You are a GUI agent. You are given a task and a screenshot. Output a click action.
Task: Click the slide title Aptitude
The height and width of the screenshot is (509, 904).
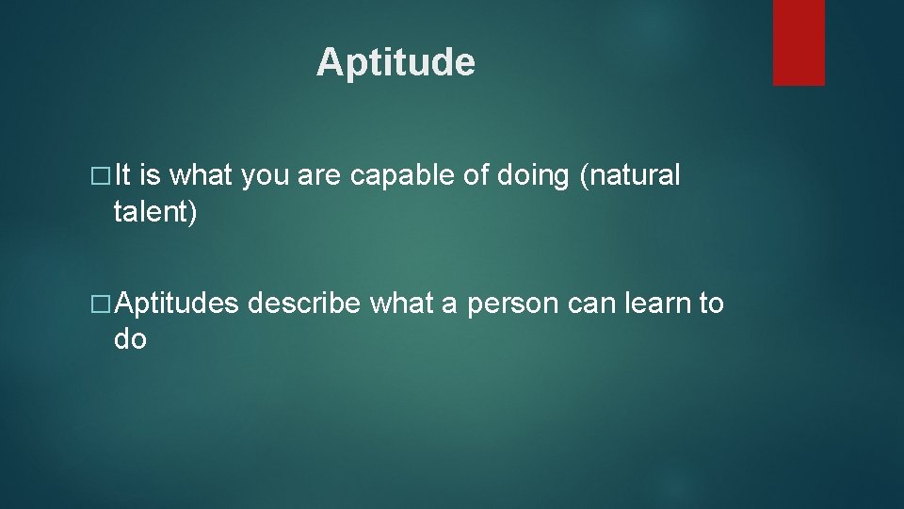[395, 63]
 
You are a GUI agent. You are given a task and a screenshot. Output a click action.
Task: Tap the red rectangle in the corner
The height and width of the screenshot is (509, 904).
[799, 42]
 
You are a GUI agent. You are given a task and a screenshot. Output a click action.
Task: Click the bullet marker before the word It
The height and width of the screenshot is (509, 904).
[103, 176]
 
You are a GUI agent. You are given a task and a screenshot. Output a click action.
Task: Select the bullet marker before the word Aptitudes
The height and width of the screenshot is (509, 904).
[103, 304]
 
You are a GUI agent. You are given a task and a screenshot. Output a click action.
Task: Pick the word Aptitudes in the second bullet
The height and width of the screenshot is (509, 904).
[176, 304]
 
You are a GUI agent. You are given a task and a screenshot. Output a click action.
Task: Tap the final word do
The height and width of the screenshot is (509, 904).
[130, 339]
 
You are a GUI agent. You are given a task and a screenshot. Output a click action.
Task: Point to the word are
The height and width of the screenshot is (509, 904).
[317, 176]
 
